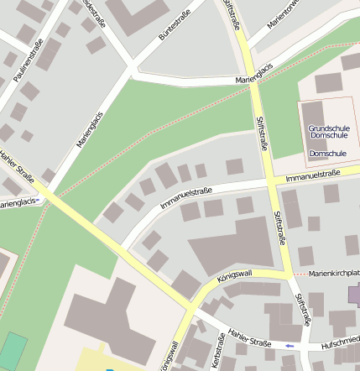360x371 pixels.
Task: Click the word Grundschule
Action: tap(328, 127)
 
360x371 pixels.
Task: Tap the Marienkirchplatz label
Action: tap(334, 274)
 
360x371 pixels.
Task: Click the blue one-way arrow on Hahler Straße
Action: tap(290, 346)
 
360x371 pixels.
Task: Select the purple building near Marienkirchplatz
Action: tap(354, 295)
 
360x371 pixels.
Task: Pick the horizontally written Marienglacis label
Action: tap(256, 80)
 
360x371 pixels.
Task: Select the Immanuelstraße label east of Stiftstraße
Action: tap(312, 175)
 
